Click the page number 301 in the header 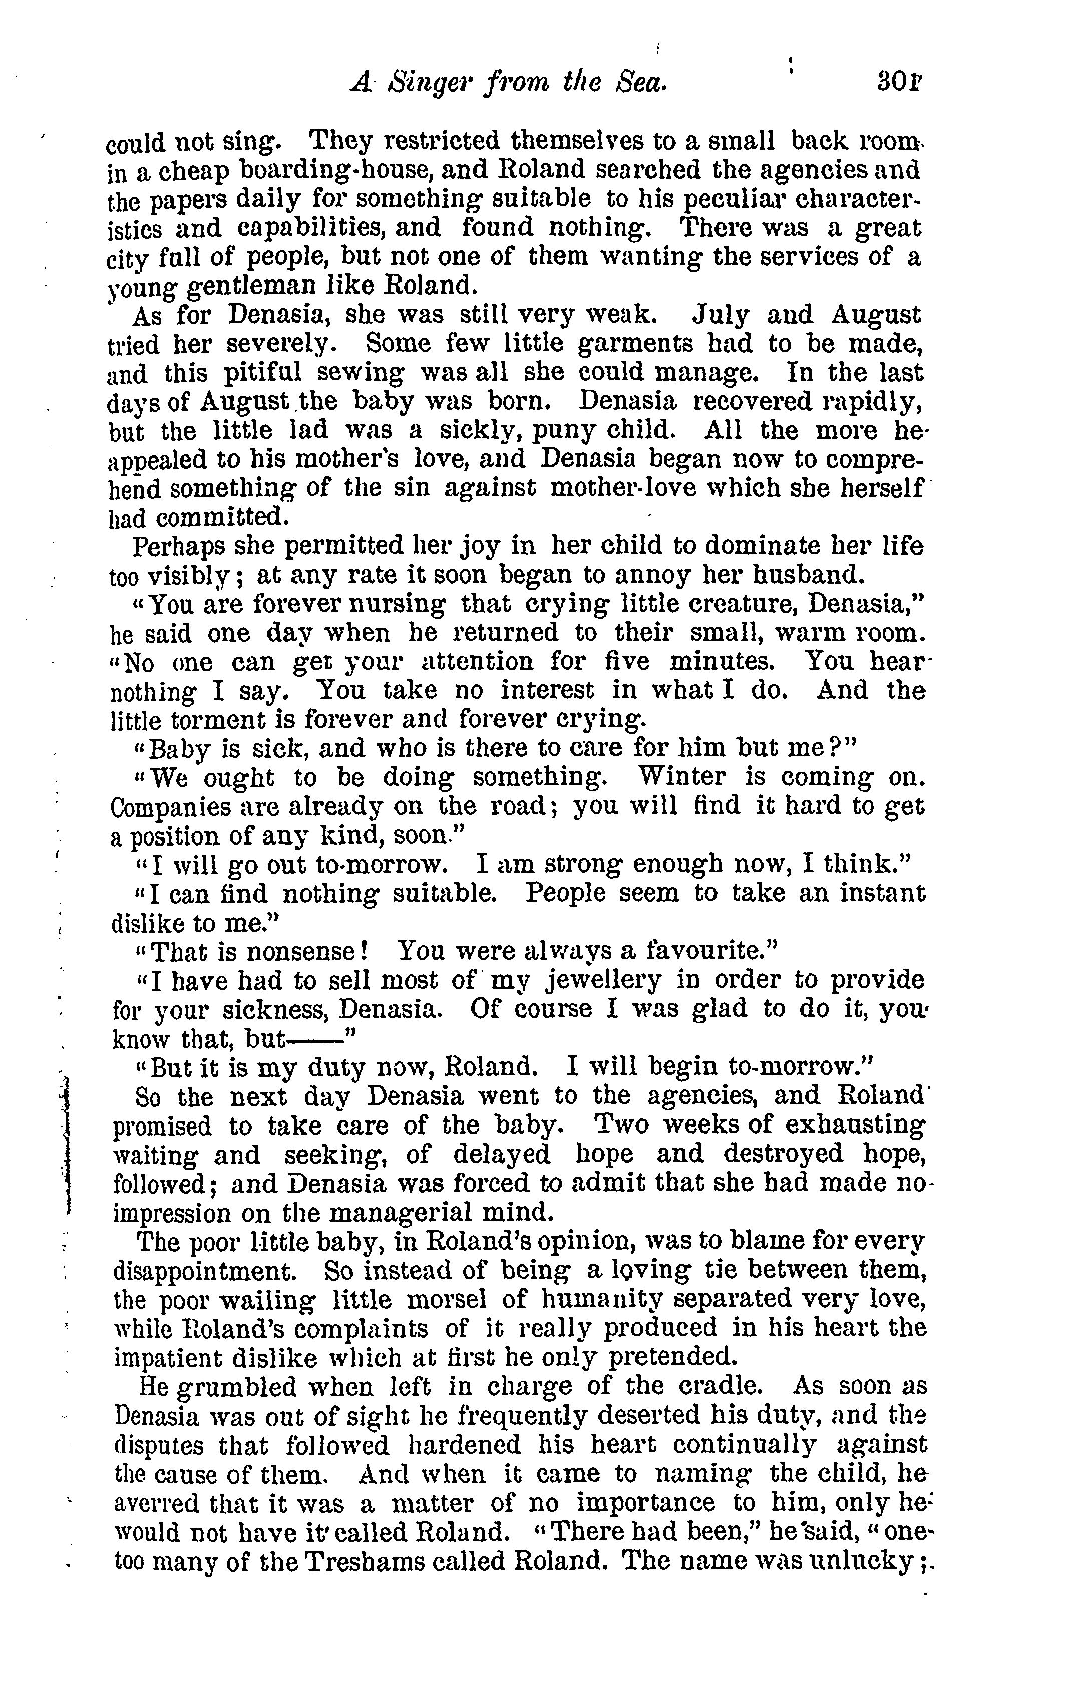(x=899, y=86)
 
